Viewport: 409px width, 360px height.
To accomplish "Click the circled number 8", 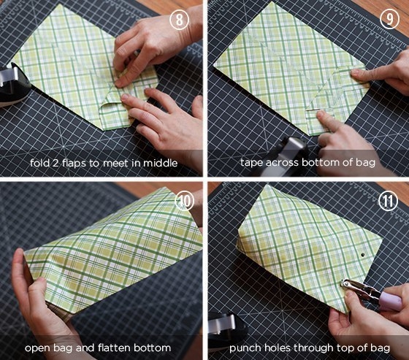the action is (x=179, y=20).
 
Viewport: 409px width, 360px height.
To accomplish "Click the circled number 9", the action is (x=389, y=19).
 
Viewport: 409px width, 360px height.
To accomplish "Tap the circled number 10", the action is (x=184, y=201).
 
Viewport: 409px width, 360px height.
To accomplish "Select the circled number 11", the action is (x=388, y=201).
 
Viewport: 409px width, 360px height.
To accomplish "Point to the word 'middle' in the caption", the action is (x=160, y=163).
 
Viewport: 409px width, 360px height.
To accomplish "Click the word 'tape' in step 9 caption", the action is (x=252, y=163).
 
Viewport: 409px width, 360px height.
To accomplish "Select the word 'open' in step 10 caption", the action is (x=36, y=348).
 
